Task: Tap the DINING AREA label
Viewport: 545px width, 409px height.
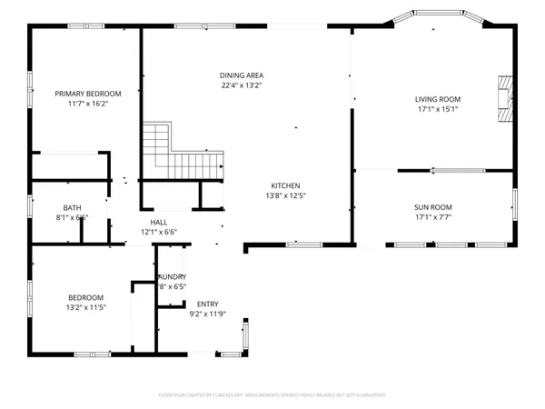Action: point(241,75)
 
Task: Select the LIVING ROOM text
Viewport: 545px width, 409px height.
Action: point(438,99)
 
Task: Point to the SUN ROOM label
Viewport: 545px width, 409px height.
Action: point(432,207)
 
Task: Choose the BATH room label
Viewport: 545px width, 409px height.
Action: point(72,207)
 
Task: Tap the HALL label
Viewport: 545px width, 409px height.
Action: point(159,222)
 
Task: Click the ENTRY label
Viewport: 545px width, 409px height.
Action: point(207,304)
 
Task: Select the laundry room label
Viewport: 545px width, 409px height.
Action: point(172,276)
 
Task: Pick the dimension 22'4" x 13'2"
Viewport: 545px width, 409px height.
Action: point(241,85)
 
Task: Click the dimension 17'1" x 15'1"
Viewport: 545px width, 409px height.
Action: point(438,110)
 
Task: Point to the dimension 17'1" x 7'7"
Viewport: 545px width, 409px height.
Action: point(432,217)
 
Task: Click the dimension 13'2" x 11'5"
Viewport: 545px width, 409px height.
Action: point(85,307)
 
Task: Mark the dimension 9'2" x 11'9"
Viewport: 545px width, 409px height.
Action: point(207,314)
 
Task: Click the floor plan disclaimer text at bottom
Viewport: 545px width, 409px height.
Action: point(272,394)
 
